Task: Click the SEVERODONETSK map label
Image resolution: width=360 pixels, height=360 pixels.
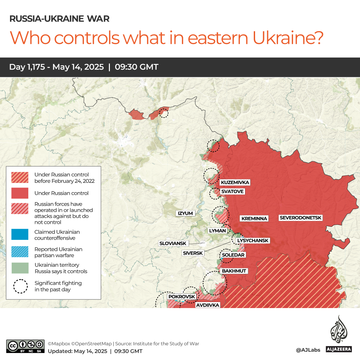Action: pyautogui.click(x=301, y=218)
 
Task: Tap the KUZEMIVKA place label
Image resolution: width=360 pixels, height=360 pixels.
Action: pyautogui.click(x=235, y=182)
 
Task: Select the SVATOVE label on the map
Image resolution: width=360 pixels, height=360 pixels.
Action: pyautogui.click(x=232, y=191)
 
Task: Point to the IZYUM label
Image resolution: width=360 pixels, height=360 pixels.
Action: pyautogui.click(x=185, y=213)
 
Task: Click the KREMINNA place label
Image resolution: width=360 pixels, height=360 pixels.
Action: pyautogui.click(x=254, y=218)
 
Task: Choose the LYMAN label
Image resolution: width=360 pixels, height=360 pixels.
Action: pyautogui.click(x=217, y=230)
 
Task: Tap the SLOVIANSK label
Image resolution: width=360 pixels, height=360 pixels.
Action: pyautogui.click(x=173, y=243)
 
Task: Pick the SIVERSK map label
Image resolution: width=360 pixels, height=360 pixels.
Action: pyautogui.click(x=193, y=253)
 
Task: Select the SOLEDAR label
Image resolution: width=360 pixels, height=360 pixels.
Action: pyautogui.click(x=233, y=255)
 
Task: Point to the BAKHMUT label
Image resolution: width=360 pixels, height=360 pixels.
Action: pyautogui.click(x=234, y=271)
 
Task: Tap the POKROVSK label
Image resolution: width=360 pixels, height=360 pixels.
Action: pyautogui.click(x=181, y=296)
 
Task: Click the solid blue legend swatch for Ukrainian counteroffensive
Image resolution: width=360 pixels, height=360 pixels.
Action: pyautogui.click(x=20, y=235)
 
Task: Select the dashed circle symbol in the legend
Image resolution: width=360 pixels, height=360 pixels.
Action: pyautogui.click(x=20, y=286)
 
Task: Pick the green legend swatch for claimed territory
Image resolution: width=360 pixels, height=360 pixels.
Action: pyautogui.click(x=20, y=268)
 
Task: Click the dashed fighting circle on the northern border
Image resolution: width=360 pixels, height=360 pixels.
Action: pyautogui.click(x=164, y=113)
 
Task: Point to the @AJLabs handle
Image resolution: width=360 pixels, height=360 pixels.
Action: pyautogui.click(x=308, y=350)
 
